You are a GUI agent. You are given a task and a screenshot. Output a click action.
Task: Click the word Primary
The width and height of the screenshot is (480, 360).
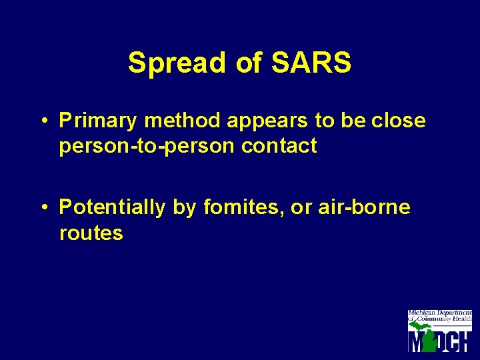tap(99, 121)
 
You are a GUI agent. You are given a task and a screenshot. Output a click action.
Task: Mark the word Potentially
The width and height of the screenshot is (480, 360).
tap(111, 208)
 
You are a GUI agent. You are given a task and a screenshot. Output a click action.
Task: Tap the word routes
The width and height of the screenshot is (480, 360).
tap(91, 233)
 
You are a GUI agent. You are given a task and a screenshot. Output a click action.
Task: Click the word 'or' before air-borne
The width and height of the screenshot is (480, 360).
tap(301, 208)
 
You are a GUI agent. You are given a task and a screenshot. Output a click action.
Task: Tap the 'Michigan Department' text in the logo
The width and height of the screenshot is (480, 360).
tap(439, 313)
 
